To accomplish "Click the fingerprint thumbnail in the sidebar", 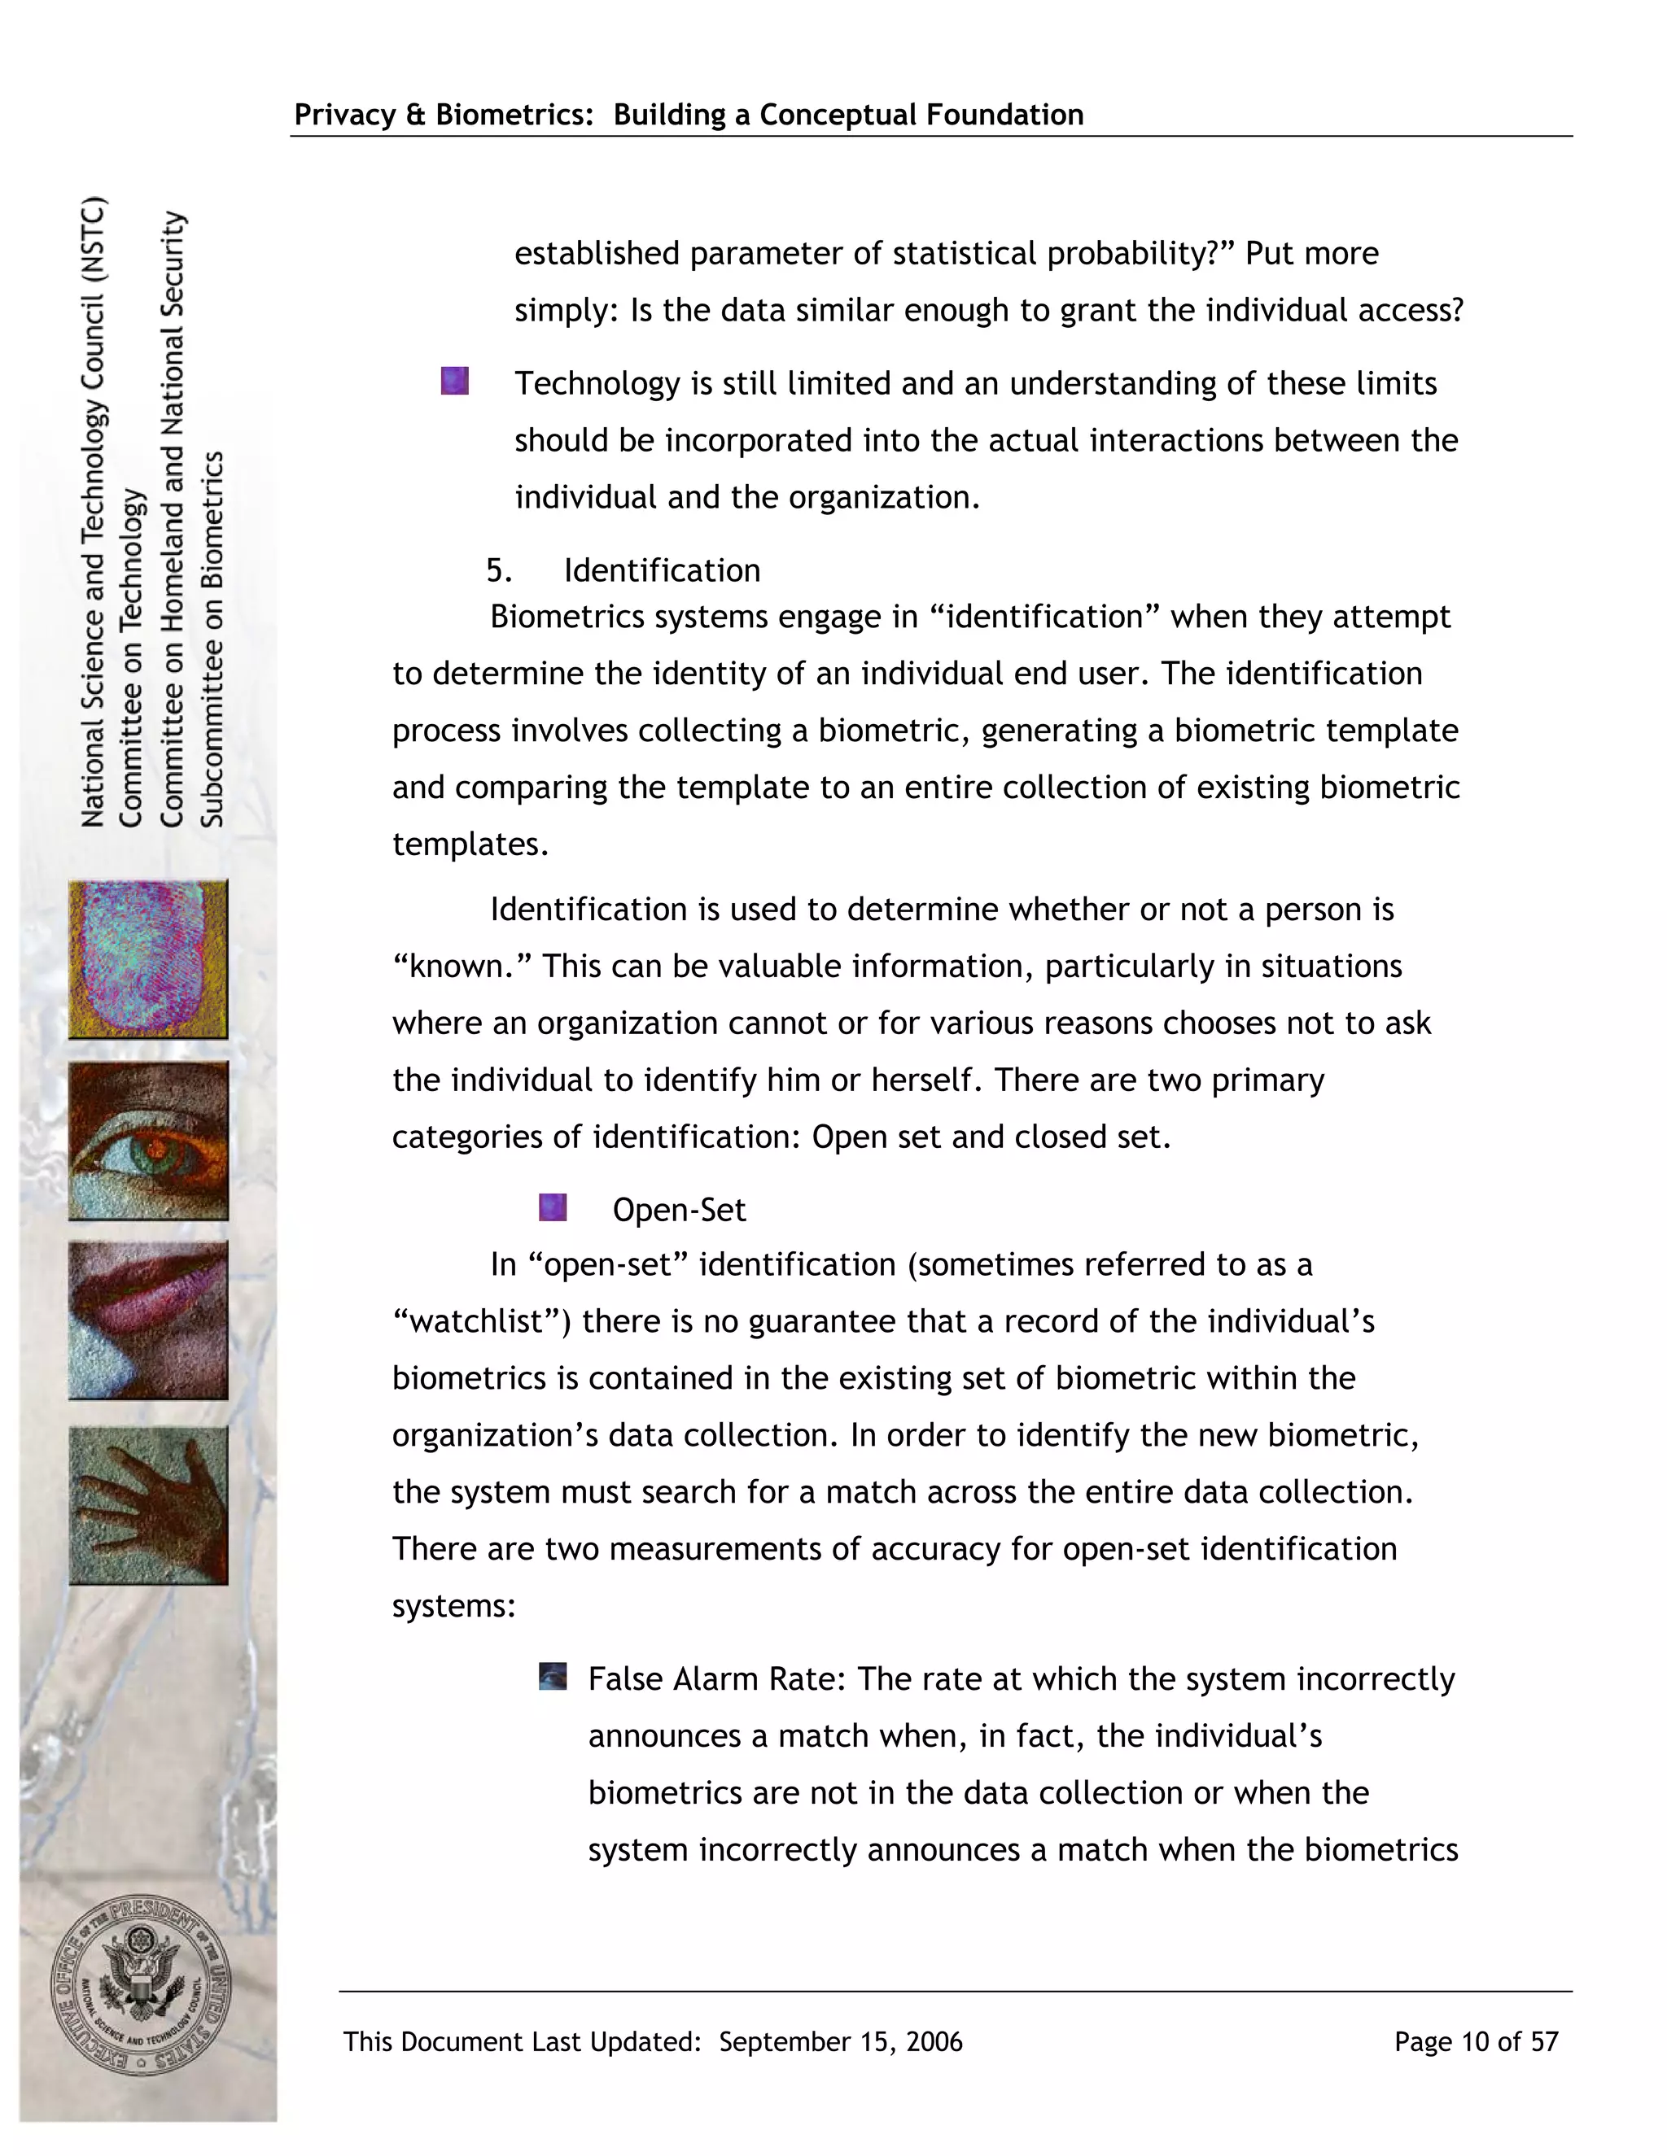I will coord(148,958).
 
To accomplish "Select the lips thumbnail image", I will coord(148,1320).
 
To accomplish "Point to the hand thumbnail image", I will coord(148,1504).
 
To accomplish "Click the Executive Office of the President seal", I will coord(140,1985).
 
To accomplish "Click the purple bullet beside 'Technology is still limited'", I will coord(454,381).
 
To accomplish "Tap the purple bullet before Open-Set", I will coord(553,1207).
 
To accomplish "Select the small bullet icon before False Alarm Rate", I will coord(553,1676).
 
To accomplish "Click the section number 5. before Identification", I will coord(499,570).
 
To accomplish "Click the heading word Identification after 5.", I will coord(662,570).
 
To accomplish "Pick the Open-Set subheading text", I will coord(679,1211).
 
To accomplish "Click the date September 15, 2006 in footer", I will coord(840,2041).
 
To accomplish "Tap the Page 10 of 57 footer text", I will coord(1476,2041).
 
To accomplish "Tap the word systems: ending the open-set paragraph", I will coord(454,1606).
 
